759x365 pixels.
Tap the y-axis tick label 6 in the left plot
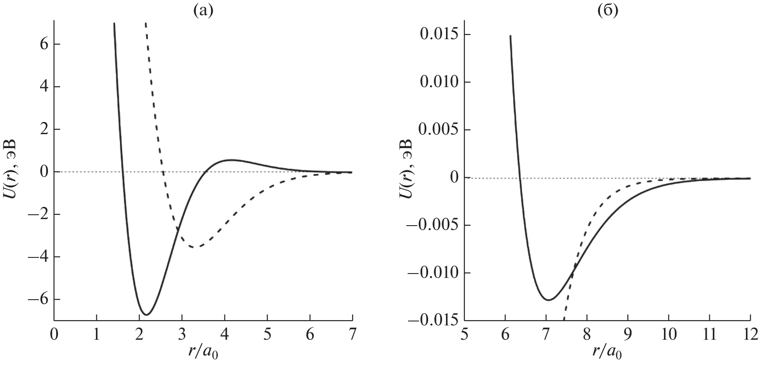click(44, 44)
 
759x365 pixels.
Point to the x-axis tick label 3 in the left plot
click(182, 335)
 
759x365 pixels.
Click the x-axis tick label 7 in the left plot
click(352, 335)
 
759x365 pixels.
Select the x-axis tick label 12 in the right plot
click(750, 335)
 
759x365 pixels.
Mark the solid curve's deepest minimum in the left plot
click(147, 314)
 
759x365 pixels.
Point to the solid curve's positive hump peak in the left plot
click(231, 160)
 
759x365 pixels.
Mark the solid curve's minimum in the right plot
click(548, 300)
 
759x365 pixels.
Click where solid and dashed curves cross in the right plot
click(574, 267)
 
